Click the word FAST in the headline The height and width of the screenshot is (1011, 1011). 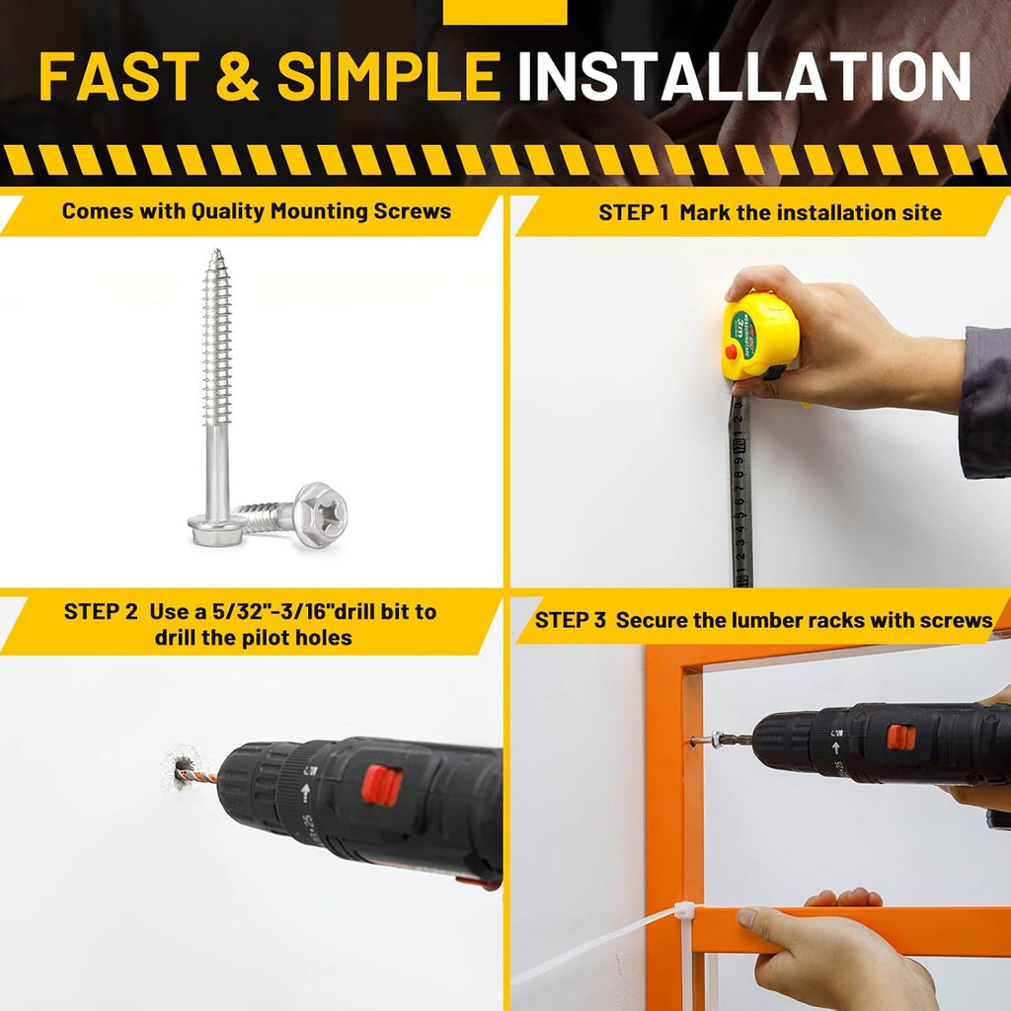click(119, 76)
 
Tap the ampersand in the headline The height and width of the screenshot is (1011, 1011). click(238, 76)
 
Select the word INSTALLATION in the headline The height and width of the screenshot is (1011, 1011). click(744, 76)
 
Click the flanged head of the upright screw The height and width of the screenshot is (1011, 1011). click(216, 529)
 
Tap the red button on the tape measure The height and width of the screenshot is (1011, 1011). click(732, 352)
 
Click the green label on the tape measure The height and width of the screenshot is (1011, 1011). click(742, 334)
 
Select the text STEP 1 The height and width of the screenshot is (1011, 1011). click(634, 213)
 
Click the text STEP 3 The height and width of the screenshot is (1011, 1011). click(571, 620)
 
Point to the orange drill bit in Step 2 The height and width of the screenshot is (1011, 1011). click(196, 773)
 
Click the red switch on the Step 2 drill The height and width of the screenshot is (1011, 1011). click(381, 785)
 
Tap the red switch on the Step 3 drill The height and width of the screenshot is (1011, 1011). click(900, 738)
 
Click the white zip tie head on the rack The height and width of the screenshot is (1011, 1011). click(684, 911)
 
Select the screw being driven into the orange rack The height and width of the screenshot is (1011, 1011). click(705, 739)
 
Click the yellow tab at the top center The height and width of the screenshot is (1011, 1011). click(505, 12)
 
